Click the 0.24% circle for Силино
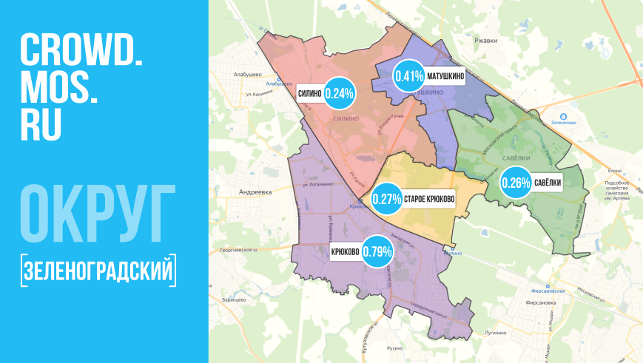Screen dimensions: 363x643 [340, 93]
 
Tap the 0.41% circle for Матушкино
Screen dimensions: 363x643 [408, 75]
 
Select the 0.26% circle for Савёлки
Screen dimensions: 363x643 [516, 182]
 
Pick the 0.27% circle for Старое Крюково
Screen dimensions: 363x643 [386, 199]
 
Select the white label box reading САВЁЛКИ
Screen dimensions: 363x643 [548, 183]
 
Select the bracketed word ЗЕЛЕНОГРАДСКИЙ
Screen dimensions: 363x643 [99, 270]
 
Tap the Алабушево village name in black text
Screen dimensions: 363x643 [244, 74]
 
